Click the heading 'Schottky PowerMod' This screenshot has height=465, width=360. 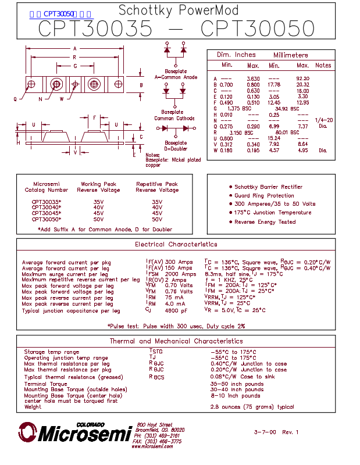(x=178, y=10)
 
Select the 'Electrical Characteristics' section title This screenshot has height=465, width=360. (x=176, y=245)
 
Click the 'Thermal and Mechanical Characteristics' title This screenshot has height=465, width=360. (x=176, y=341)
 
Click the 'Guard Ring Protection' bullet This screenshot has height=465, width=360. (x=264, y=196)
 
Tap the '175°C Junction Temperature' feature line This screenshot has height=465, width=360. (x=273, y=213)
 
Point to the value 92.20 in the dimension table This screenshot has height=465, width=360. (x=302, y=78)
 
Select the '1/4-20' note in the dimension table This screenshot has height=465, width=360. (x=323, y=120)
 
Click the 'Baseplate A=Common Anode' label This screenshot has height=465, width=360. (x=176, y=74)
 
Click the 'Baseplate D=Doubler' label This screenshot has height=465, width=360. (x=176, y=145)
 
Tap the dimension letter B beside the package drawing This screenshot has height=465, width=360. (x=141, y=85)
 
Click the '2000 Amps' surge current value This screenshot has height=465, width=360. (x=180, y=274)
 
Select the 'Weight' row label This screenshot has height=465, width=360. (x=33, y=407)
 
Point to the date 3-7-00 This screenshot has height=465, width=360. (x=265, y=432)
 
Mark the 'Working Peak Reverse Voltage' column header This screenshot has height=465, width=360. (x=99, y=187)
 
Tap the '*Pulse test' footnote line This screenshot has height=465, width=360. (x=176, y=326)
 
